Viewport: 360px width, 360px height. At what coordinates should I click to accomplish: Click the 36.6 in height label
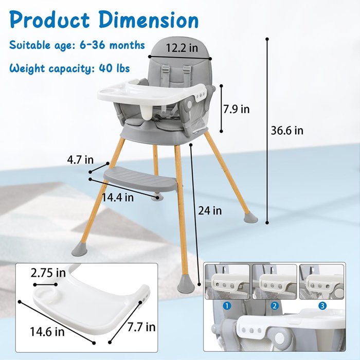pyautogui.click(x=287, y=131)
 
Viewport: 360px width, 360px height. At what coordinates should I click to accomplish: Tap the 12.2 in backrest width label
pyautogui.click(x=182, y=48)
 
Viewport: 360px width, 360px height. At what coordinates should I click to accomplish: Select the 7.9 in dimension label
pyautogui.click(x=237, y=109)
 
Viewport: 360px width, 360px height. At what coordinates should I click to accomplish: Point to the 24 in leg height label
pyautogui.click(x=210, y=210)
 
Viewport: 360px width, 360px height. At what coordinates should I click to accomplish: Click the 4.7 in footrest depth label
pyautogui.click(x=80, y=159)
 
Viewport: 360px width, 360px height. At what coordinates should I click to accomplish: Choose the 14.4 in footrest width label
pyautogui.click(x=118, y=197)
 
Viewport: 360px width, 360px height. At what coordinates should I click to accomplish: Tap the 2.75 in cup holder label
pyautogui.click(x=48, y=273)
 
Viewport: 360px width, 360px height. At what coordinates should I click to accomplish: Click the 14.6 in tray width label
pyautogui.click(x=47, y=332)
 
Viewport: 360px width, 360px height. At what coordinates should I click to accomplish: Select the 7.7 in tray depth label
pyautogui.click(x=141, y=327)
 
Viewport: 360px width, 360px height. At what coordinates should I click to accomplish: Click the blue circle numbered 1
pyautogui.click(x=227, y=306)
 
